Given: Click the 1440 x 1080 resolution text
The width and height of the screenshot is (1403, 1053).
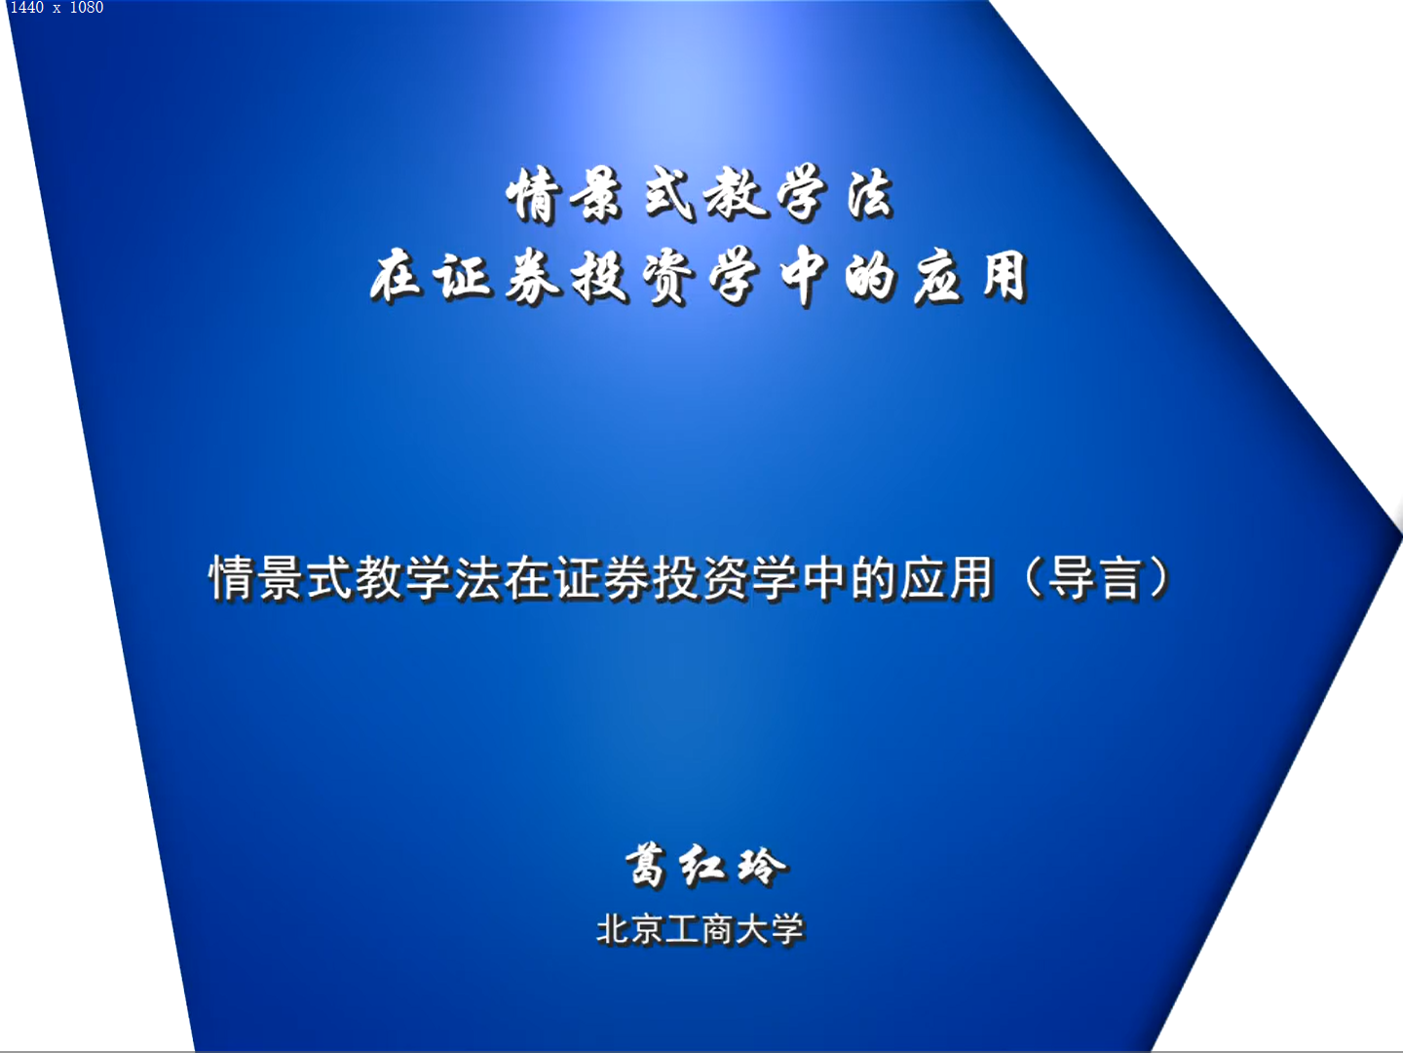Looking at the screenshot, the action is coord(57,8).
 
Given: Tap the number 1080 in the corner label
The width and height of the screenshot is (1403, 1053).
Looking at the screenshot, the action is coord(87,8).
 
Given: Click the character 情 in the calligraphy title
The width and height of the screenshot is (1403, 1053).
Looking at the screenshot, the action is coord(532,195).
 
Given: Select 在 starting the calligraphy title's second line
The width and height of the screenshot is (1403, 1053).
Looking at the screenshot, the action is coord(397,276).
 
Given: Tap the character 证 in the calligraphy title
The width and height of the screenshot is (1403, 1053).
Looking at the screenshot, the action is coord(464,276).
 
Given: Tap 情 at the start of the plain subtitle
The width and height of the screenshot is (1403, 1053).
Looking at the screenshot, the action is coord(233,578).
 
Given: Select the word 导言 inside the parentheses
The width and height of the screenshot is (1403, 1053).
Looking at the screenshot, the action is coord(1095,578).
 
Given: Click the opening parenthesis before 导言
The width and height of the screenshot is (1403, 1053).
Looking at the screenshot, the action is coord(1033,578).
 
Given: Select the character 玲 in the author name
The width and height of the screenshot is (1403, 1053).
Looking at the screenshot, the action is coord(762,867).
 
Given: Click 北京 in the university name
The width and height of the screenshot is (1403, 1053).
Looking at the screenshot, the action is coord(630,930).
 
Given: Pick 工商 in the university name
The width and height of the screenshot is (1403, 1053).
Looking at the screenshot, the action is coord(700,930).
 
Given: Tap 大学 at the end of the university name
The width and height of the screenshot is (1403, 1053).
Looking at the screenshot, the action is coord(771,930).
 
